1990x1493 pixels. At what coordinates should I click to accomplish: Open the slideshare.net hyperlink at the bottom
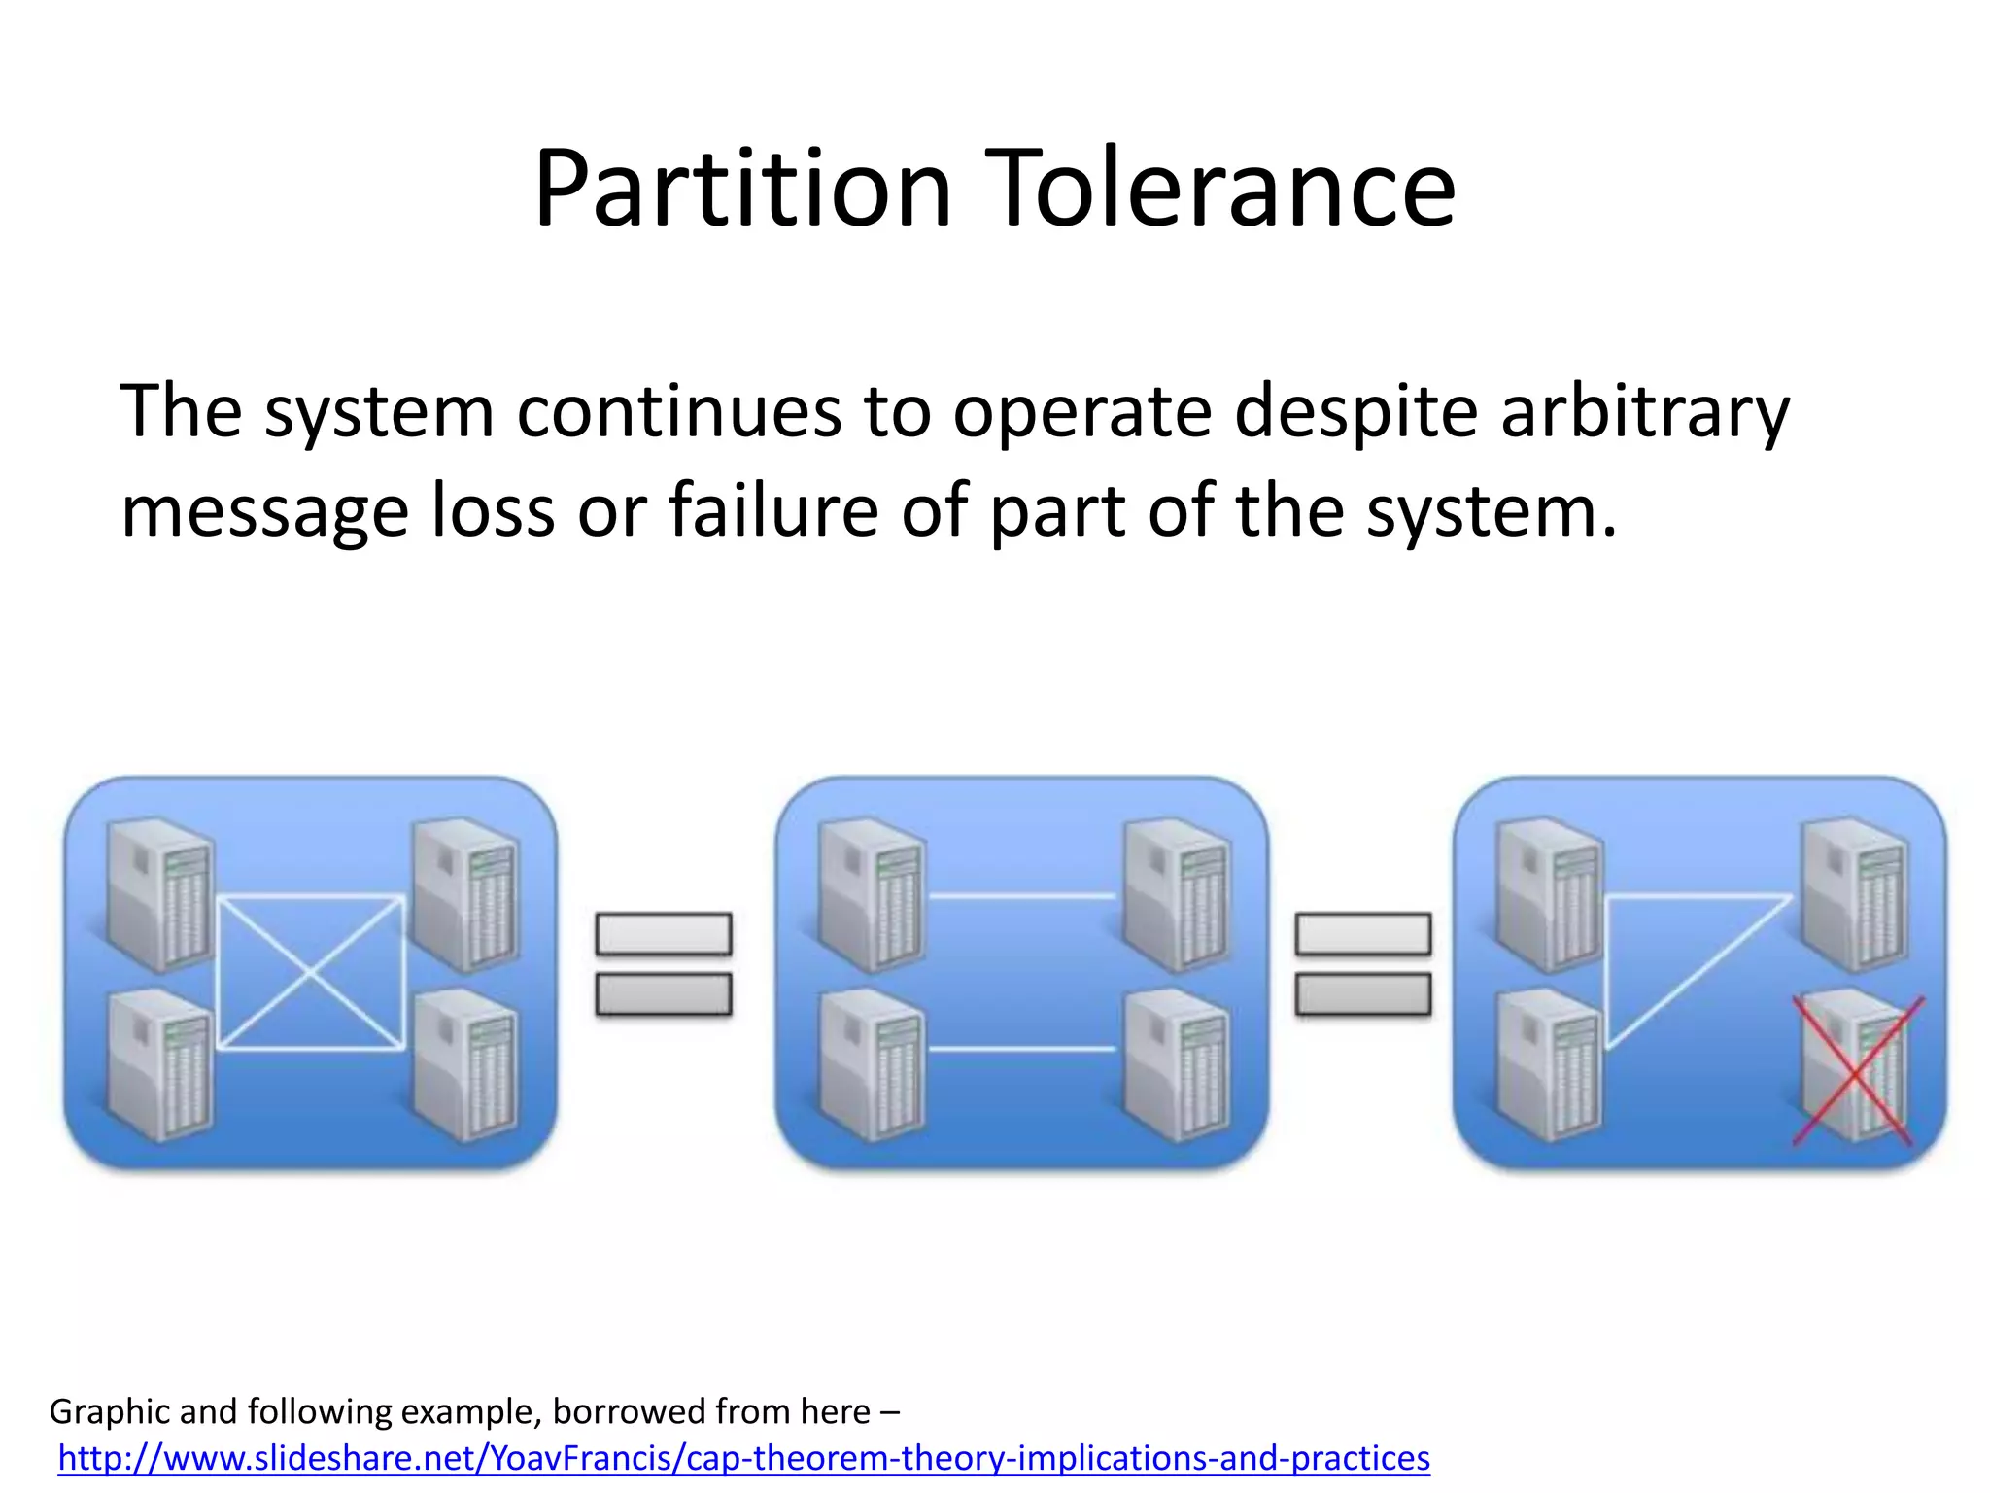click(743, 1458)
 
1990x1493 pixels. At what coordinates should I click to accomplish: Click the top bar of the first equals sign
click(664, 934)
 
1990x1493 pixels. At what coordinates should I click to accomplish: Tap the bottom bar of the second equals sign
click(1363, 994)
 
